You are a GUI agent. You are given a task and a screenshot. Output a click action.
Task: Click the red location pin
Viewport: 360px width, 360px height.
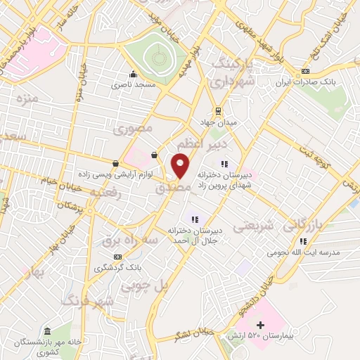click(x=180, y=165)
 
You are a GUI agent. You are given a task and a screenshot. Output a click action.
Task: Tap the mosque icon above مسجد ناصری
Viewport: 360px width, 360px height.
click(x=133, y=75)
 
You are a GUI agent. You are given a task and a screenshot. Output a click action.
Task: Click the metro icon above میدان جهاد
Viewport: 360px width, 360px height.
click(x=218, y=110)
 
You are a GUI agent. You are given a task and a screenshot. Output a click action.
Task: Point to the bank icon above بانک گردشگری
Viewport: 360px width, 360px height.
click(x=118, y=257)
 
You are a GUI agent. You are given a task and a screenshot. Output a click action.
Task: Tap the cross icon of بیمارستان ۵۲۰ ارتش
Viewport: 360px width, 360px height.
click(x=261, y=325)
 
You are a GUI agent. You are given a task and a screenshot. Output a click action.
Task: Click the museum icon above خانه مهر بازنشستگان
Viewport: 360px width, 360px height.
click(x=47, y=331)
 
